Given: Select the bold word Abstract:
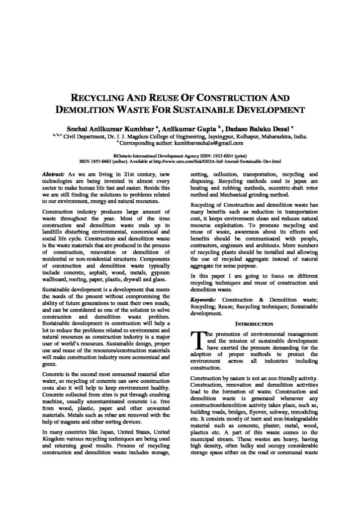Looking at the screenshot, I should [55, 175].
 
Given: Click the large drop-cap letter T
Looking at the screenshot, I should [197, 340].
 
